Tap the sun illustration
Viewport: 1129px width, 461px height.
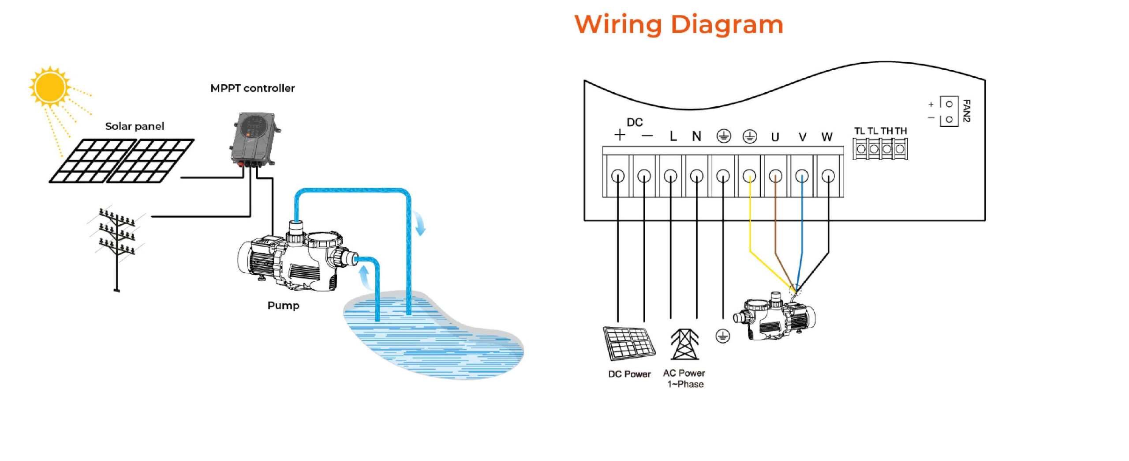(x=50, y=87)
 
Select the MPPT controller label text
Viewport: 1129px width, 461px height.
(x=252, y=88)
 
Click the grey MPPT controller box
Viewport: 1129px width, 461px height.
(x=254, y=139)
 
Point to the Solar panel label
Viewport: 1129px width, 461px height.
(x=135, y=126)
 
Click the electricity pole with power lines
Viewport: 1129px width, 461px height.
(x=117, y=247)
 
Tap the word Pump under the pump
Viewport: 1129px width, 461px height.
(x=283, y=306)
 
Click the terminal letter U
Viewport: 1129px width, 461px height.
(x=775, y=137)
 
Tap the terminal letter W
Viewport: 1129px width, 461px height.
(x=827, y=137)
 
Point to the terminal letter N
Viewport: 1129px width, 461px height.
(x=696, y=136)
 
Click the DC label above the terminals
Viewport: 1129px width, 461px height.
(x=635, y=122)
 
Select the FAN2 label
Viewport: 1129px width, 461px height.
(x=966, y=111)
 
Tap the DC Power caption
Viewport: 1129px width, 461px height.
(x=629, y=374)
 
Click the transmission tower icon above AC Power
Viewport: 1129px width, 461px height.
(x=684, y=344)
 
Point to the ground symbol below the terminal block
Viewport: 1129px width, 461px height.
(x=722, y=336)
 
